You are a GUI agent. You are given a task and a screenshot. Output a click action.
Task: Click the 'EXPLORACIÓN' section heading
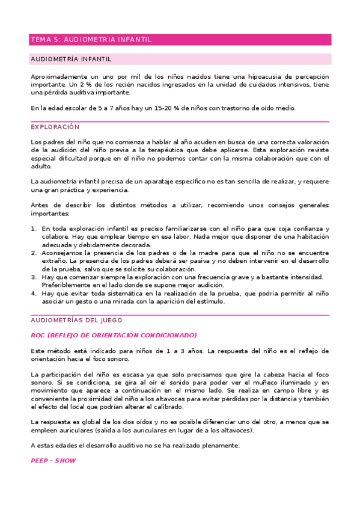[x=55, y=127]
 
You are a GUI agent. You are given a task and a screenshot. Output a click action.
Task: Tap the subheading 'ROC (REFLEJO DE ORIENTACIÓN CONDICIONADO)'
[x=114, y=335]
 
